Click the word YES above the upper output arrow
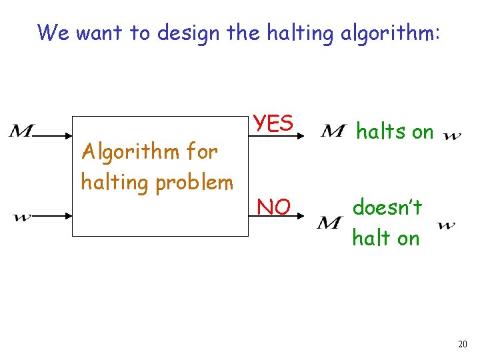tap(273, 123)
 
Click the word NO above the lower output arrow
tap(273, 207)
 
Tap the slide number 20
tap(462, 344)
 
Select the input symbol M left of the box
tap(21, 131)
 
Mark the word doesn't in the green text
tap(387, 208)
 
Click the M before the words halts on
tap(333, 131)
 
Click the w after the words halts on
tap(451, 137)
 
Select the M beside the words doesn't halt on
tap(330, 223)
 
